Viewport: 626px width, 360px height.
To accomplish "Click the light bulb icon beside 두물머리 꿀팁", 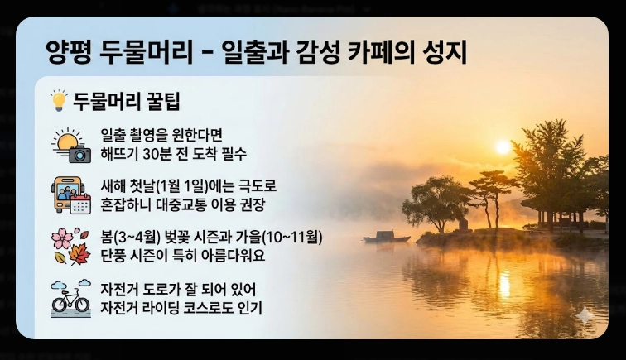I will pos(59,102).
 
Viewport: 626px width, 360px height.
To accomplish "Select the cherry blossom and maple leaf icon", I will pos(70,247).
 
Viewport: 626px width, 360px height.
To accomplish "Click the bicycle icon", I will pos(70,298).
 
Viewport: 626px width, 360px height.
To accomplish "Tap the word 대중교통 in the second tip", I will pos(195,205).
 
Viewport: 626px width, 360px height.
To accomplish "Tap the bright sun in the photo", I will pos(502,147).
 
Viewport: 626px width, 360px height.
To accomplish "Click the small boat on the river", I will pos(386,237).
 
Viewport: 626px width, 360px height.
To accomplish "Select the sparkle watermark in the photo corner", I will pos(585,315).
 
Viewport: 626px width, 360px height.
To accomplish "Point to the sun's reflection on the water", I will pos(503,281).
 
